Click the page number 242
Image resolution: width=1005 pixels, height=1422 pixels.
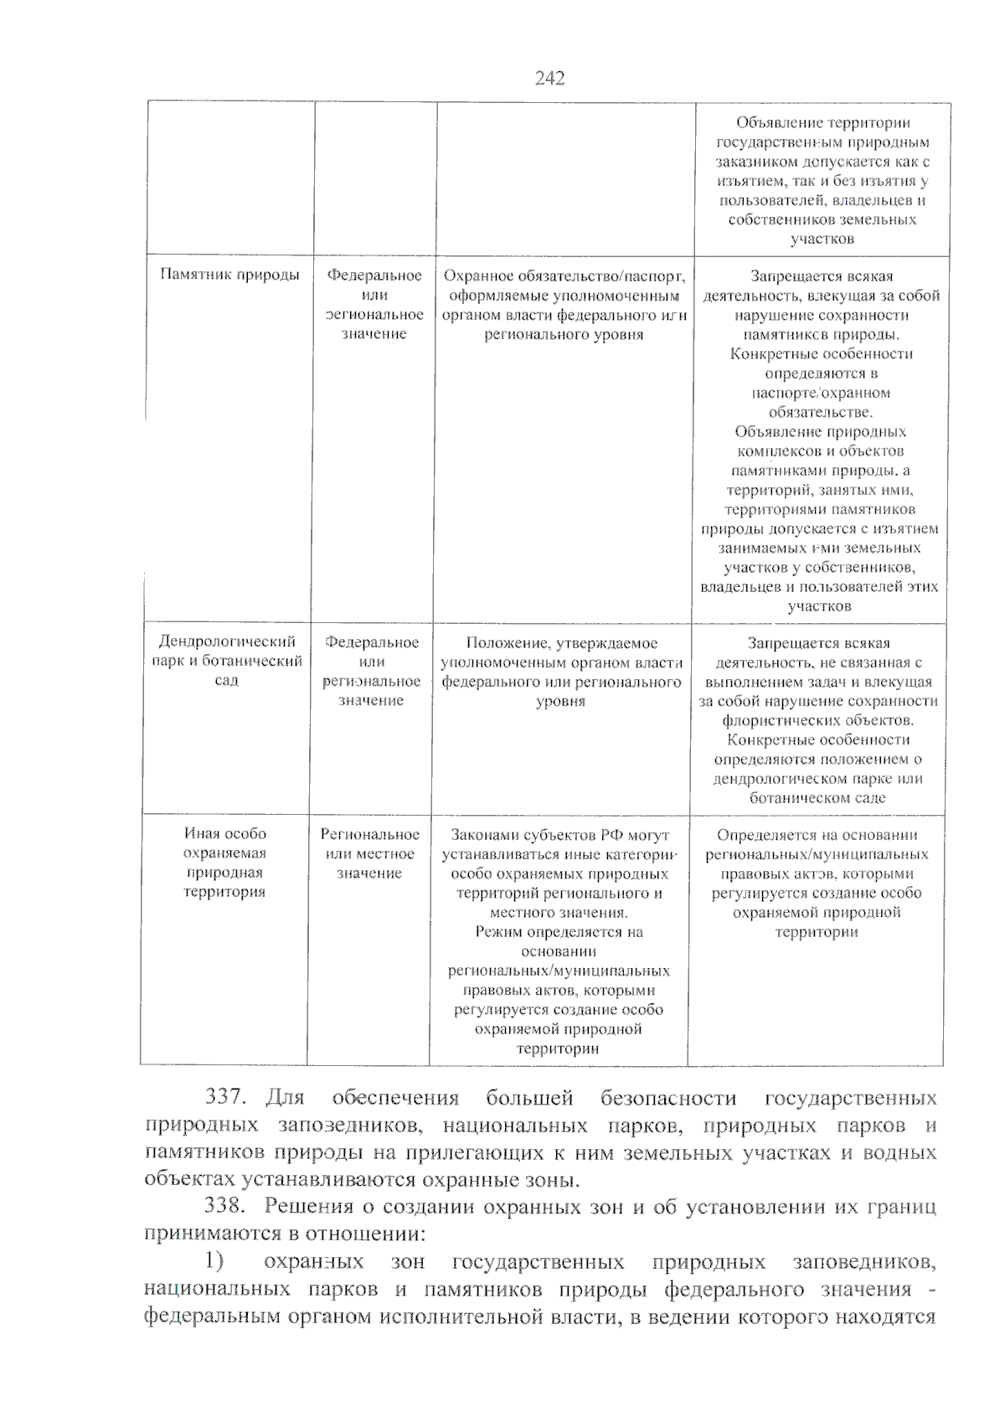point(549,79)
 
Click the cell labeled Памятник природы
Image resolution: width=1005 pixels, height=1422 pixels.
point(229,276)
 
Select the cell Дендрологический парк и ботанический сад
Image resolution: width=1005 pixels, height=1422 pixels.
point(227,662)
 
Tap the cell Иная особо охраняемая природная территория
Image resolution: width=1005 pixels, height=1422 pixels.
point(224,863)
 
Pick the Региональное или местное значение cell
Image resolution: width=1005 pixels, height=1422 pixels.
point(369,853)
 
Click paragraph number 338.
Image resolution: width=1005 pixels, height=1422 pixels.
point(225,1208)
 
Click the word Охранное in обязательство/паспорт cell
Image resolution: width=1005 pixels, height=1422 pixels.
point(474,276)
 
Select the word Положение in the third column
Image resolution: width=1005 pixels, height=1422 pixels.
point(502,643)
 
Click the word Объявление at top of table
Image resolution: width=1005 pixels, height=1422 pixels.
point(777,123)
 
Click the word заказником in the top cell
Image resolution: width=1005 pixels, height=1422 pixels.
point(756,162)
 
